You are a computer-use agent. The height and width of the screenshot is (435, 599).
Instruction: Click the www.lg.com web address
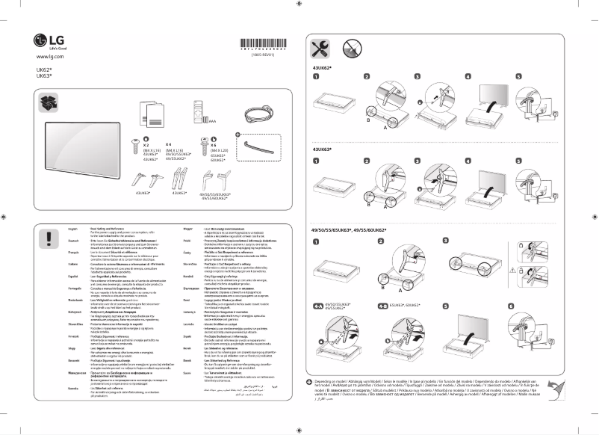pyautogui.click(x=49, y=57)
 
